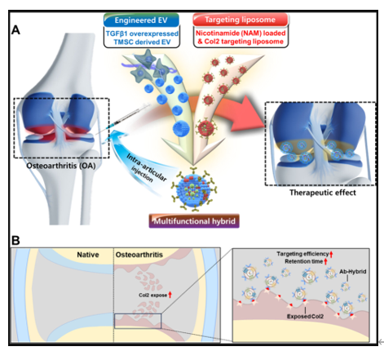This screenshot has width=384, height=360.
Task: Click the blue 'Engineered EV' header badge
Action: coord(141,20)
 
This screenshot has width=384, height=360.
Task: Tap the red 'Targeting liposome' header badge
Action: coord(241,20)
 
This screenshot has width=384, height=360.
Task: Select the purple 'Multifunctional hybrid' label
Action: coord(194,221)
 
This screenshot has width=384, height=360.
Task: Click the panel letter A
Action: coord(15,30)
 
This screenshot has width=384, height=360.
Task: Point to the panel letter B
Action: coord(15,241)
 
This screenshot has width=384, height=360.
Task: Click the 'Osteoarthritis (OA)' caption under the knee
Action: coord(61,166)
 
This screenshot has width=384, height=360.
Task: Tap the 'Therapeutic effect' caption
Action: coord(323,193)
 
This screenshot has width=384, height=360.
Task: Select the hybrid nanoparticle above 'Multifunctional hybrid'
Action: coord(194,189)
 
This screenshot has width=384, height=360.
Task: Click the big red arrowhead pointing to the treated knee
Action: coord(248,113)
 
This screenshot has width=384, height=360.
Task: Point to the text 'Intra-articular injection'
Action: coord(146,169)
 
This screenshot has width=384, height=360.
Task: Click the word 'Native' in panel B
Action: coord(88,255)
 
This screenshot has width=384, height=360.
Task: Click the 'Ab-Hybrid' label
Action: coord(353,272)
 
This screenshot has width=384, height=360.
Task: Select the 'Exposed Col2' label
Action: coord(305,317)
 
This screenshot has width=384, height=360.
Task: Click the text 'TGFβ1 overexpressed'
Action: coord(142,33)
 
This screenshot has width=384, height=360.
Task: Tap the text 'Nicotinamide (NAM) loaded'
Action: coord(241,33)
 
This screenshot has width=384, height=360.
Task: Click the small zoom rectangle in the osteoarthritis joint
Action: coord(138,314)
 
